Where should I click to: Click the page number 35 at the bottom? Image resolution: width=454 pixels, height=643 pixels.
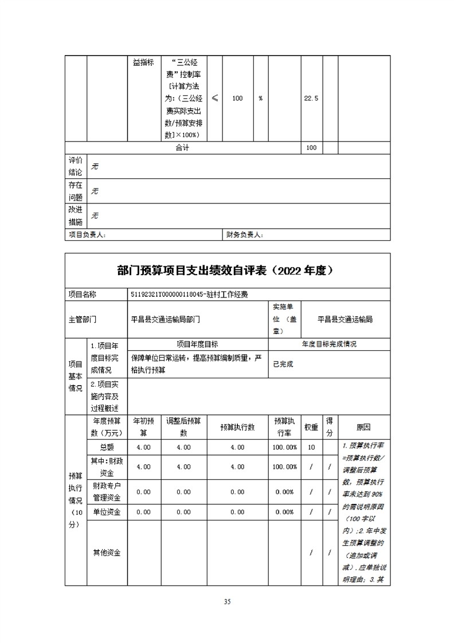click(227, 602)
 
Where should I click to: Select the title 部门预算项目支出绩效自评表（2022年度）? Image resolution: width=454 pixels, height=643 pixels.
click(228, 270)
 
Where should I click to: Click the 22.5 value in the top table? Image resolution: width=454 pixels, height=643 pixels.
click(311, 99)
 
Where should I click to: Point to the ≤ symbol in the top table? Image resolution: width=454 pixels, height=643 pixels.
click(214, 99)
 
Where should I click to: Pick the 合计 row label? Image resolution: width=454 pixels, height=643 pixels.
click(182, 148)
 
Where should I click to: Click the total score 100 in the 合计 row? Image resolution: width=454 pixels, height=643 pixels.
click(311, 148)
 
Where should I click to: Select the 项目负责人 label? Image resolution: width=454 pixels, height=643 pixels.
click(87, 234)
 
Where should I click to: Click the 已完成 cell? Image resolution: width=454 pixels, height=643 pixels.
click(283, 364)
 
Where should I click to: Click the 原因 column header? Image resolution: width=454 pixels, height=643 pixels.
click(363, 428)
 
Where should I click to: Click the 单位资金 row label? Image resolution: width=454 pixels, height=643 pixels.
click(107, 512)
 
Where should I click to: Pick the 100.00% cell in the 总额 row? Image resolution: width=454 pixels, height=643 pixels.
click(285, 447)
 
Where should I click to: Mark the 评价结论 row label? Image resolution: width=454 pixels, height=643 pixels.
click(76, 166)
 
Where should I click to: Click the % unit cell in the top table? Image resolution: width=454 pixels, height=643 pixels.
click(260, 99)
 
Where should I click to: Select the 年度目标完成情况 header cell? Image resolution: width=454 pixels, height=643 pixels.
click(329, 344)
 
